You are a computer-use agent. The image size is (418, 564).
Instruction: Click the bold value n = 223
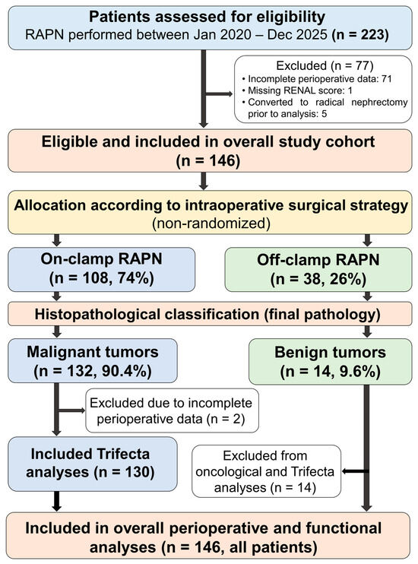coord(359,35)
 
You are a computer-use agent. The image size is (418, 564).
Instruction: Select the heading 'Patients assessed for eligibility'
coord(207,17)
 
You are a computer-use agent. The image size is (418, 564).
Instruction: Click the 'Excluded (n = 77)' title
coord(325,65)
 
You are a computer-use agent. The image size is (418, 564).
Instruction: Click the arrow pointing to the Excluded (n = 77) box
coord(219,94)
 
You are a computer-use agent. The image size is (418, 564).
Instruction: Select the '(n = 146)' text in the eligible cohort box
coord(208,160)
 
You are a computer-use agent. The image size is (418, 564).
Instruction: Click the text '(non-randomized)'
coord(211,223)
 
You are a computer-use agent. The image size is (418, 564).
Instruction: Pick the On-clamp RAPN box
coord(101,269)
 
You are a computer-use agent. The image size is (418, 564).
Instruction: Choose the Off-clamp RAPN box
coord(318,269)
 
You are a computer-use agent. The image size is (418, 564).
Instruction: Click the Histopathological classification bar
coord(210,314)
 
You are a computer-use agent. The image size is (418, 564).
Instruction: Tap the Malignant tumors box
coord(93,361)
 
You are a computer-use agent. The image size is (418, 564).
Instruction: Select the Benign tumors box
coord(331,362)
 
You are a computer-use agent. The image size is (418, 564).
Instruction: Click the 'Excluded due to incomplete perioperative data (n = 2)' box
coord(172,410)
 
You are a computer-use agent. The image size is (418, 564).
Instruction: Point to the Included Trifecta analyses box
coord(93,464)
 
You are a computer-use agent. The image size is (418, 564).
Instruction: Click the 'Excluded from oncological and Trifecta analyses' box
coord(266,471)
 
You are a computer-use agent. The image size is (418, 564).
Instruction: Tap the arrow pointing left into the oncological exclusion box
coord(356,471)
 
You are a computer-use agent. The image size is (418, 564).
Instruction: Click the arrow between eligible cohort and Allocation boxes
coord(204,181)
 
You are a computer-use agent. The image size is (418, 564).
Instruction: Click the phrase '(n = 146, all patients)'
coord(239,547)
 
